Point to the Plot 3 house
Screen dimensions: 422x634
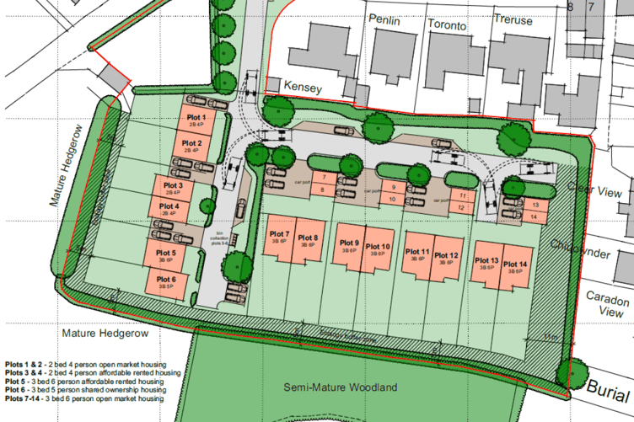(x=173, y=187)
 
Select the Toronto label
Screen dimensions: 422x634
(x=446, y=25)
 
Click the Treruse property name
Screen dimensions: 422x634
(x=513, y=20)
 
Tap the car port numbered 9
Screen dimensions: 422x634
(x=392, y=187)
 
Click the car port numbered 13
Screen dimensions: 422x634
(x=535, y=205)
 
